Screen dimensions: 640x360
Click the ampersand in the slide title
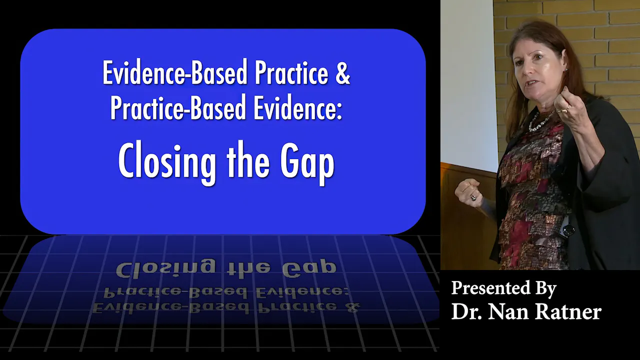pos(342,73)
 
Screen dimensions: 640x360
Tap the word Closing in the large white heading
pos(167,162)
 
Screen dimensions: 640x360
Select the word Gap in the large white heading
pos(307,162)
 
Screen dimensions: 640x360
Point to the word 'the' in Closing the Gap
pos(248,159)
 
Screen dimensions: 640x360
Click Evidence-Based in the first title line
pos(174,72)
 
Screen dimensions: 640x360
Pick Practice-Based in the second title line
pos(178,107)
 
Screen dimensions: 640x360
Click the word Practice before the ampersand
pos(291,72)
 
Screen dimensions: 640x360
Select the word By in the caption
pos(546,289)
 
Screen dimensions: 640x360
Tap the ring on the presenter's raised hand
pos(564,109)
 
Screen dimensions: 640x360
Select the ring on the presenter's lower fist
pos(473,197)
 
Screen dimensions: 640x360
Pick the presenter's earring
pos(564,70)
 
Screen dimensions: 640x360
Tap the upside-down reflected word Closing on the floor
pos(165,268)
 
